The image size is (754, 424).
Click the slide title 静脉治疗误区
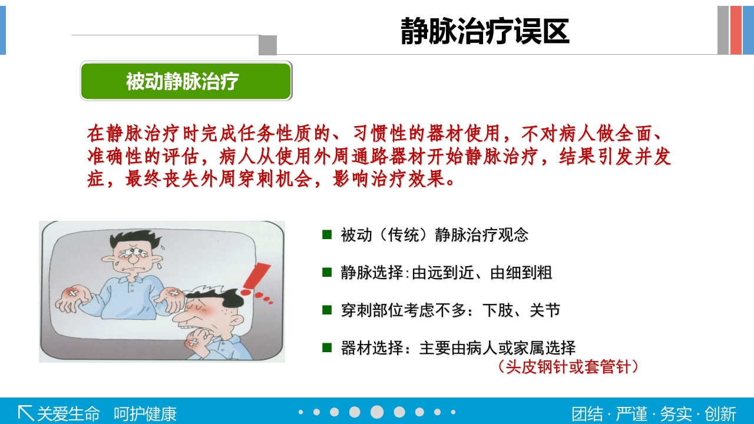[485, 31]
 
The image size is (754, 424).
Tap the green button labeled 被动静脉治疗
[186, 81]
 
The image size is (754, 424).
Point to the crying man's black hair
[133, 239]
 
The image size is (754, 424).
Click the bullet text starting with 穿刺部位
[450, 310]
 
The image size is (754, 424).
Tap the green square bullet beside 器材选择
[327, 347]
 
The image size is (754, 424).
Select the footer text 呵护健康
[145, 413]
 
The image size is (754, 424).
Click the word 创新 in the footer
[720, 413]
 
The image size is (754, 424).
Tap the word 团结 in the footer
[587, 413]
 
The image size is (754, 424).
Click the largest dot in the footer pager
[377, 412]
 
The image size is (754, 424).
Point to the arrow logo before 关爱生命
[25, 413]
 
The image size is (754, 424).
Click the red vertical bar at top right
[736, 30]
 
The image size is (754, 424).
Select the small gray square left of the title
[267, 45]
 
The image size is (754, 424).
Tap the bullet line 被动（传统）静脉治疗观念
[434, 235]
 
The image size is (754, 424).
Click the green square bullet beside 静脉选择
[327, 272]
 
